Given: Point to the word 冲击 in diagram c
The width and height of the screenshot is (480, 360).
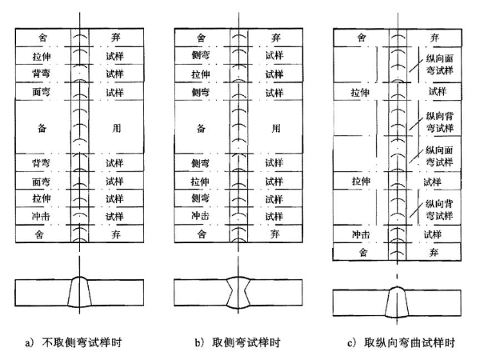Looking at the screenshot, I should [362, 235].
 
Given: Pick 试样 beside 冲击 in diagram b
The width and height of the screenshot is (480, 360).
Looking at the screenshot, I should [275, 216].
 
